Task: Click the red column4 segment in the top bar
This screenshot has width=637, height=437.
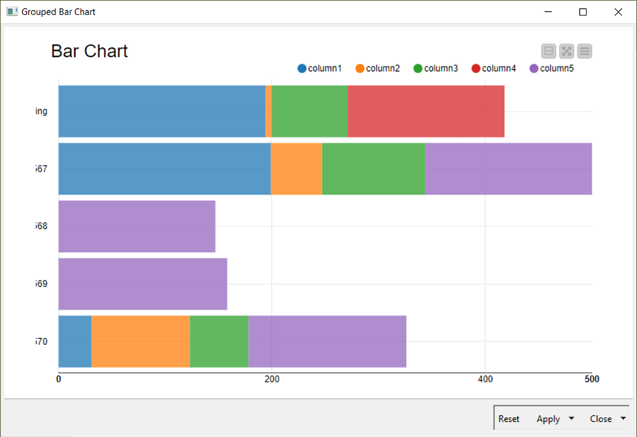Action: click(425, 111)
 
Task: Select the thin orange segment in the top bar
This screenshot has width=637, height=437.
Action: click(269, 111)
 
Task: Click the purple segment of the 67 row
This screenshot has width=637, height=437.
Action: click(508, 169)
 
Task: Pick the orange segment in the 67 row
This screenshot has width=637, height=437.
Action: click(296, 169)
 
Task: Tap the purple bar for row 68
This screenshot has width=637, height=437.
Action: click(137, 227)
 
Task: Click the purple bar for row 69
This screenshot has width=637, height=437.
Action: click(142, 284)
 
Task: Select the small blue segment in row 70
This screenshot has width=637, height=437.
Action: click(75, 341)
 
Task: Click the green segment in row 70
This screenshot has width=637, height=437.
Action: click(219, 341)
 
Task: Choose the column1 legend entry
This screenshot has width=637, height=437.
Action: click(320, 68)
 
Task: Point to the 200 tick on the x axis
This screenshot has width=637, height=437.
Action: click(272, 379)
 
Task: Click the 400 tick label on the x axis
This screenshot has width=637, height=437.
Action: click(485, 379)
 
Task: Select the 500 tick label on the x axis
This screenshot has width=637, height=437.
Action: click(592, 379)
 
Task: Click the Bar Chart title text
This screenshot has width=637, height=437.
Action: click(90, 51)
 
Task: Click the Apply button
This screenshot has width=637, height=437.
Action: click(548, 419)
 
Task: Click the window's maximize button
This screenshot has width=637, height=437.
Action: click(583, 12)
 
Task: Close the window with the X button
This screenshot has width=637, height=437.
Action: click(618, 12)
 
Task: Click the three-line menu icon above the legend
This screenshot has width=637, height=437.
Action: click(584, 51)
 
